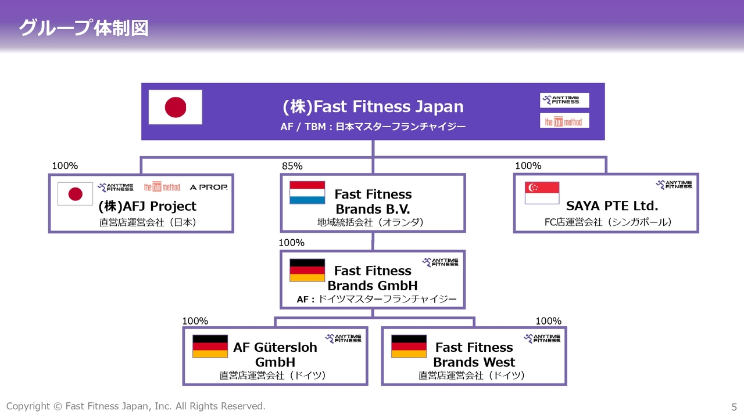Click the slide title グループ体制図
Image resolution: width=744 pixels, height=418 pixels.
84,28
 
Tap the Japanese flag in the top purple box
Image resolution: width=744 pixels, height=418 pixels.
176,107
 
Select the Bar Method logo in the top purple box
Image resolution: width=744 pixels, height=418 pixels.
564,121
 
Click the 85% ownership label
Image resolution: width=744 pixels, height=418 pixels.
292,166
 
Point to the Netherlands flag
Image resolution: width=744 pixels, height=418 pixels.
307,192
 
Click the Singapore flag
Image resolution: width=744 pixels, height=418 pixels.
542,193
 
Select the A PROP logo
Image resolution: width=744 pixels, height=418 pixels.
209,187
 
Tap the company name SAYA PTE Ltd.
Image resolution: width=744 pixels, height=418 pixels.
612,206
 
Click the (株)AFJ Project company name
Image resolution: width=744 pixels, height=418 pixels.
148,206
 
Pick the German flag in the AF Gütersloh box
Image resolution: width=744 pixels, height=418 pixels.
210,347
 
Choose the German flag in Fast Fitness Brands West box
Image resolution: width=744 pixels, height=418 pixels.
409,347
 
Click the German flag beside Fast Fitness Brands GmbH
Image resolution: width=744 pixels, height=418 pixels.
307,270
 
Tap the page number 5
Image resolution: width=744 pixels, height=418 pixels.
734,407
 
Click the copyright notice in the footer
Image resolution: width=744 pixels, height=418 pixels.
136,406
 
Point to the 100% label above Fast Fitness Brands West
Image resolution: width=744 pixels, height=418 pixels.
548,321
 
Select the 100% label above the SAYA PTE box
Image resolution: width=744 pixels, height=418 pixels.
528,165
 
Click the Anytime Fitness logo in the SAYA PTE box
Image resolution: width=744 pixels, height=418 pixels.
674,185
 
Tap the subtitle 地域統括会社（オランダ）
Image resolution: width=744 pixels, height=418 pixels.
370,222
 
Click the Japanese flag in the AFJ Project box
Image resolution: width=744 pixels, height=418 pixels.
75,194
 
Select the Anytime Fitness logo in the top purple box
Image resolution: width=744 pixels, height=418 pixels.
564,100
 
